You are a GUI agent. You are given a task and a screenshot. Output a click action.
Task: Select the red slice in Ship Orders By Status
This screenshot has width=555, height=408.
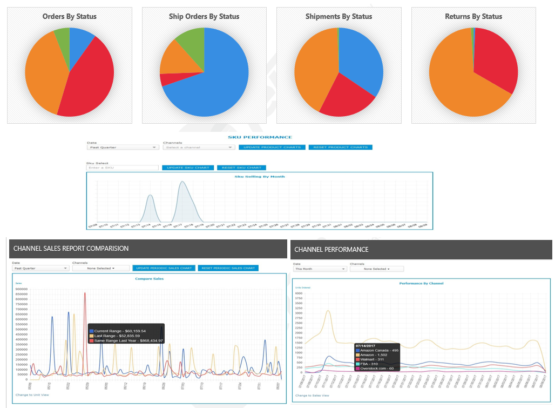click(170, 79)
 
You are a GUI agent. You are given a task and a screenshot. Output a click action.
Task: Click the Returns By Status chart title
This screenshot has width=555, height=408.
click(473, 16)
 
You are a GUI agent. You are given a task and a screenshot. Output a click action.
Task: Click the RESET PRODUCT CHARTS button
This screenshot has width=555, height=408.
click(340, 147)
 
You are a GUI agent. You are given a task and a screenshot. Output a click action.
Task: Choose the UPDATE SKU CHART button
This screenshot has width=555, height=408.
click(188, 168)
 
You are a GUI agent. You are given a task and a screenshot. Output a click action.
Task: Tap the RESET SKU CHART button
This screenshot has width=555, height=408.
click(241, 168)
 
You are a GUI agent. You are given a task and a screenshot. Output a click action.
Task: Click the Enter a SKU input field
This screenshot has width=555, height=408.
click(122, 168)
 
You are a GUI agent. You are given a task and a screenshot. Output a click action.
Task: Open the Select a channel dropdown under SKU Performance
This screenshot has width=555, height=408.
click(198, 147)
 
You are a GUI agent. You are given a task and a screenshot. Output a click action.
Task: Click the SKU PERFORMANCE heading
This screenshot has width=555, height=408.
click(260, 137)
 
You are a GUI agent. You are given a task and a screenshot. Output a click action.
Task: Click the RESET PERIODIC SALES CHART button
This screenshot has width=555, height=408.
click(228, 268)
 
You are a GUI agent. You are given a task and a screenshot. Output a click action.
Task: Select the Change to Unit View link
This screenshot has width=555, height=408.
click(32, 395)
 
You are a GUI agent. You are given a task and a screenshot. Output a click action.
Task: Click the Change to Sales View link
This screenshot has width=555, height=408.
click(312, 396)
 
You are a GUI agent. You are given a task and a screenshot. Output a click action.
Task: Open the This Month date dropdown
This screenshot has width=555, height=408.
click(320, 269)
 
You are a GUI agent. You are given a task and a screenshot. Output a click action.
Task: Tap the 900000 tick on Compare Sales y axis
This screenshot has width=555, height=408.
click(22, 289)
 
